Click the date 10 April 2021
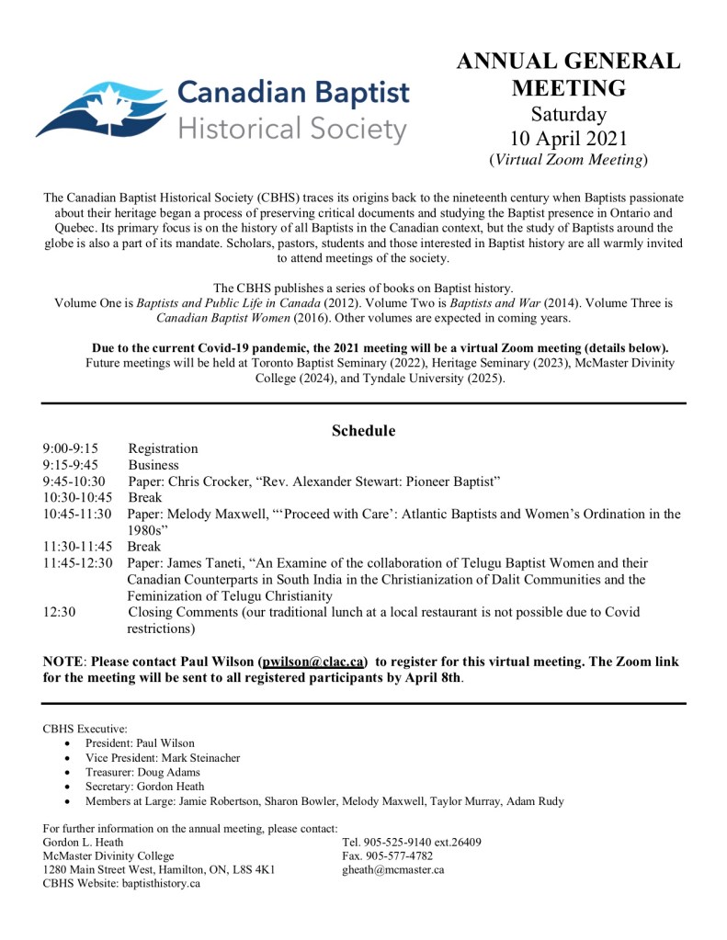(x=569, y=139)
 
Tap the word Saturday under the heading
(x=569, y=115)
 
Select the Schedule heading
(x=363, y=430)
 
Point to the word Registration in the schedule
(x=163, y=448)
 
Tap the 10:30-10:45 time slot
(x=77, y=497)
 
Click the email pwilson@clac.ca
(x=313, y=662)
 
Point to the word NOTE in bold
(x=62, y=662)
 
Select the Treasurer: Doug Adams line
(x=143, y=772)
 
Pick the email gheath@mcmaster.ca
(x=392, y=869)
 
